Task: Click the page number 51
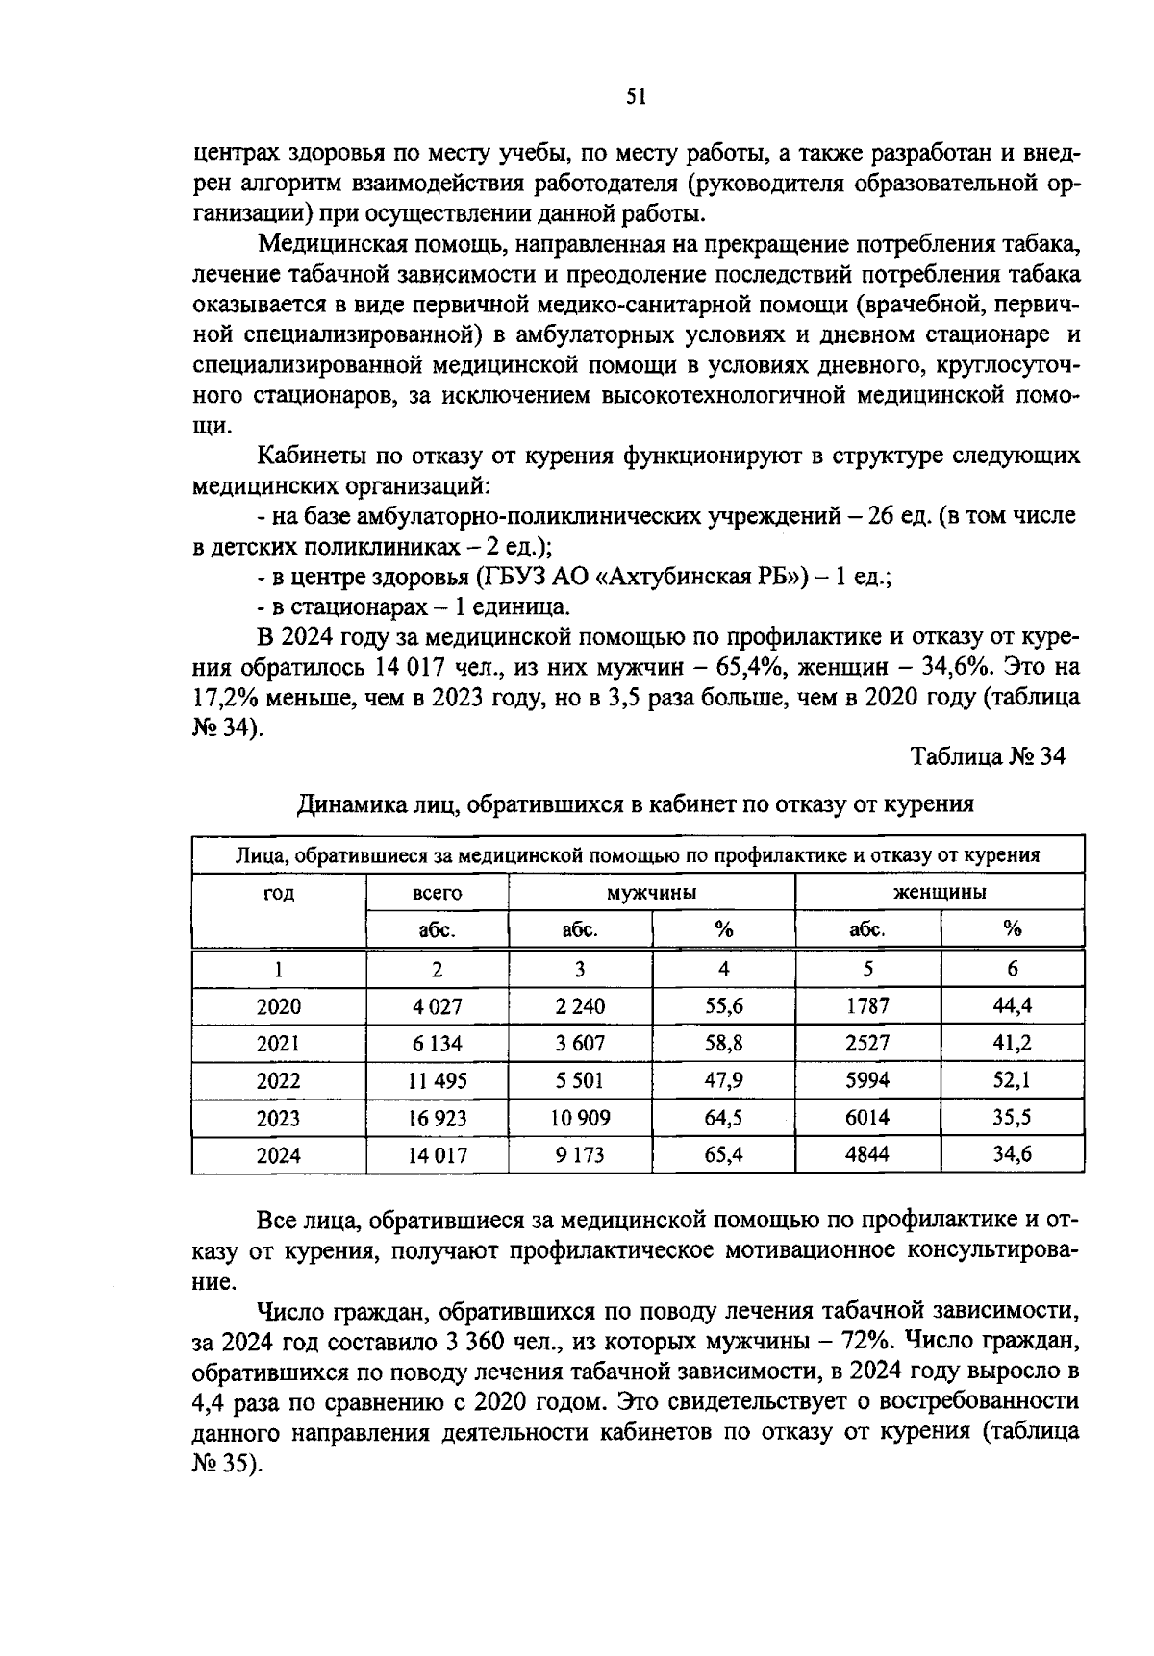[636, 95]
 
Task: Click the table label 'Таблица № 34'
[988, 756]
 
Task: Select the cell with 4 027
[437, 1006]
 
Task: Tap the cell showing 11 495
[437, 1080]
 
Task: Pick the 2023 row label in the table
[278, 1118]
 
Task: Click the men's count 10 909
[580, 1118]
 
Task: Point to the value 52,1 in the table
[1012, 1080]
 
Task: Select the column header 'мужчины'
[651, 893]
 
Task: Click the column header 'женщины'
[940, 893]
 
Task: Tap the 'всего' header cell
[437, 893]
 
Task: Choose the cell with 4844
[866, 1154]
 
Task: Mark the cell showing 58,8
[723, 1044]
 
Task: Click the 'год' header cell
[279, 893]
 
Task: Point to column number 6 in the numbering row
[1012, 970]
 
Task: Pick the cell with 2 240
[580, 1006]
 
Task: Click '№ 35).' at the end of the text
[227, 1464]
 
